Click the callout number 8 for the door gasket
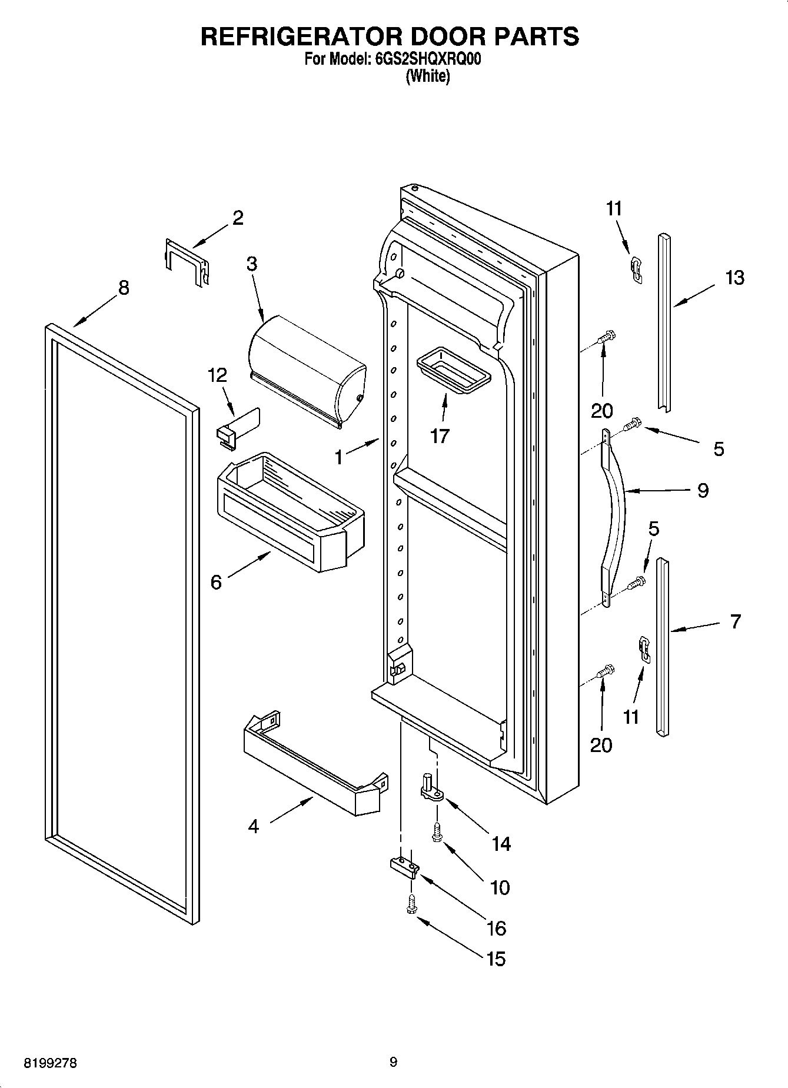point(123,288)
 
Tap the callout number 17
point(439,436)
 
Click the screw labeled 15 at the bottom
point(411,905)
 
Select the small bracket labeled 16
point(404,866)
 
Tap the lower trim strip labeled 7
point(663,647)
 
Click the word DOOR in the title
point(448,36)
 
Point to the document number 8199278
point(51,1063)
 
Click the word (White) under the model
point(428,76)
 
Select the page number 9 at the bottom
point(393,1062)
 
